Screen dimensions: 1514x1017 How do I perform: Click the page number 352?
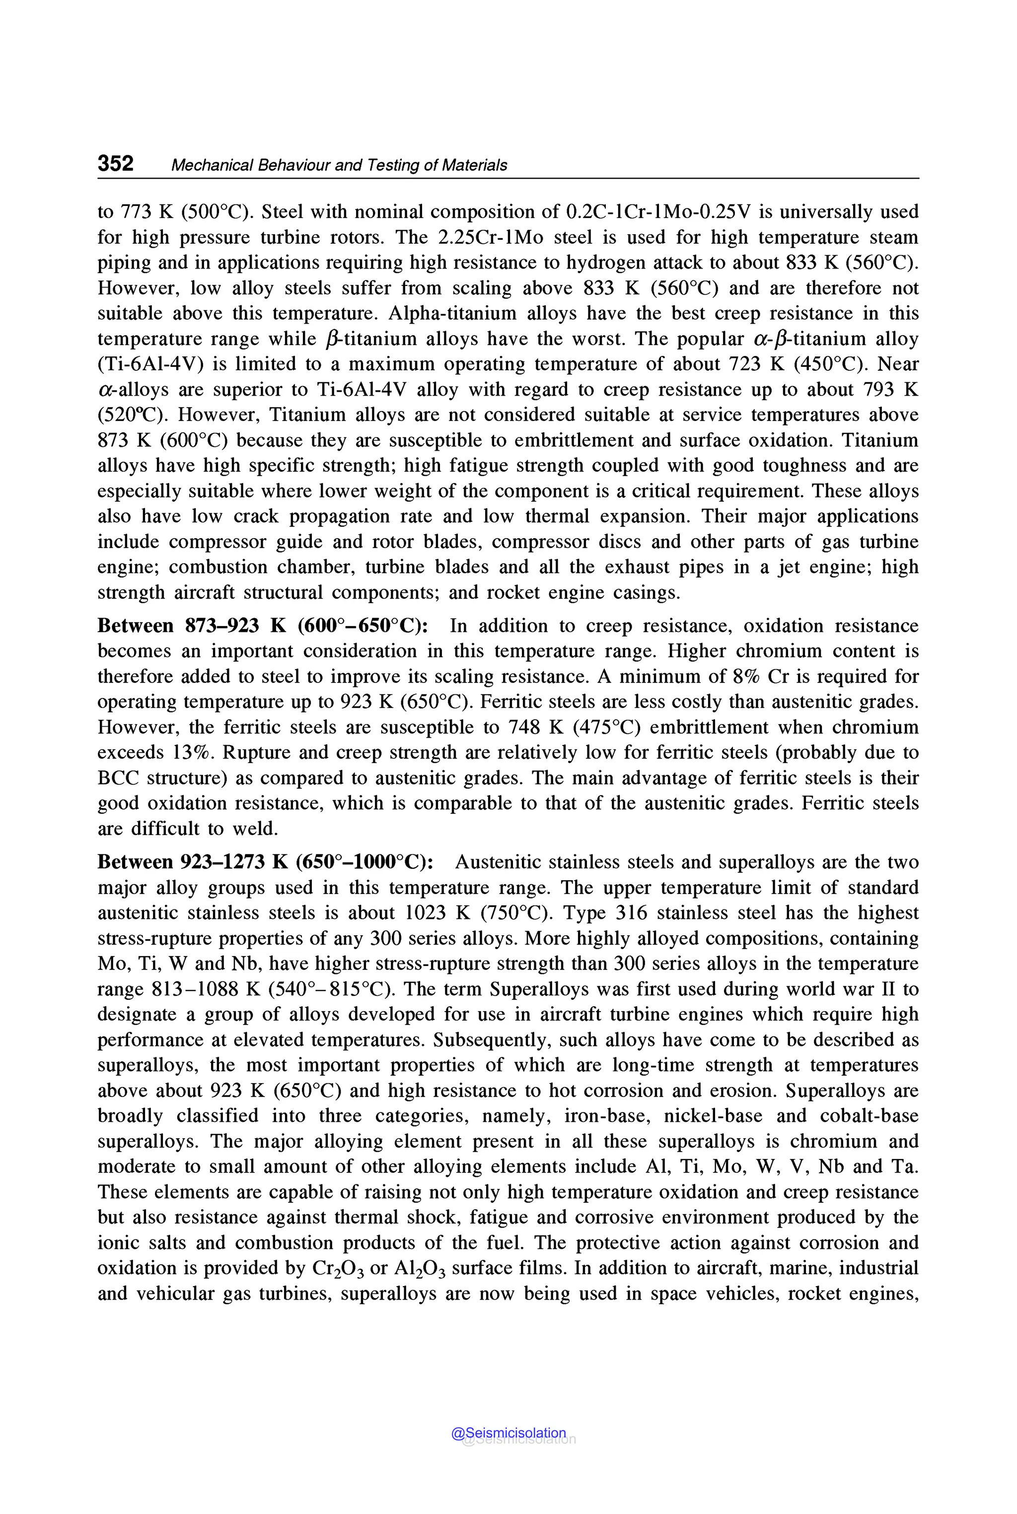pos(115,163)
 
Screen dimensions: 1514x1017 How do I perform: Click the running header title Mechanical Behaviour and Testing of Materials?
pos(339,165)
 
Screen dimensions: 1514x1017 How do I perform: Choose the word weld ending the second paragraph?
pos(258,828)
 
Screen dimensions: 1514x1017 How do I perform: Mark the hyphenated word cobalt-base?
pos(869,1116)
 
